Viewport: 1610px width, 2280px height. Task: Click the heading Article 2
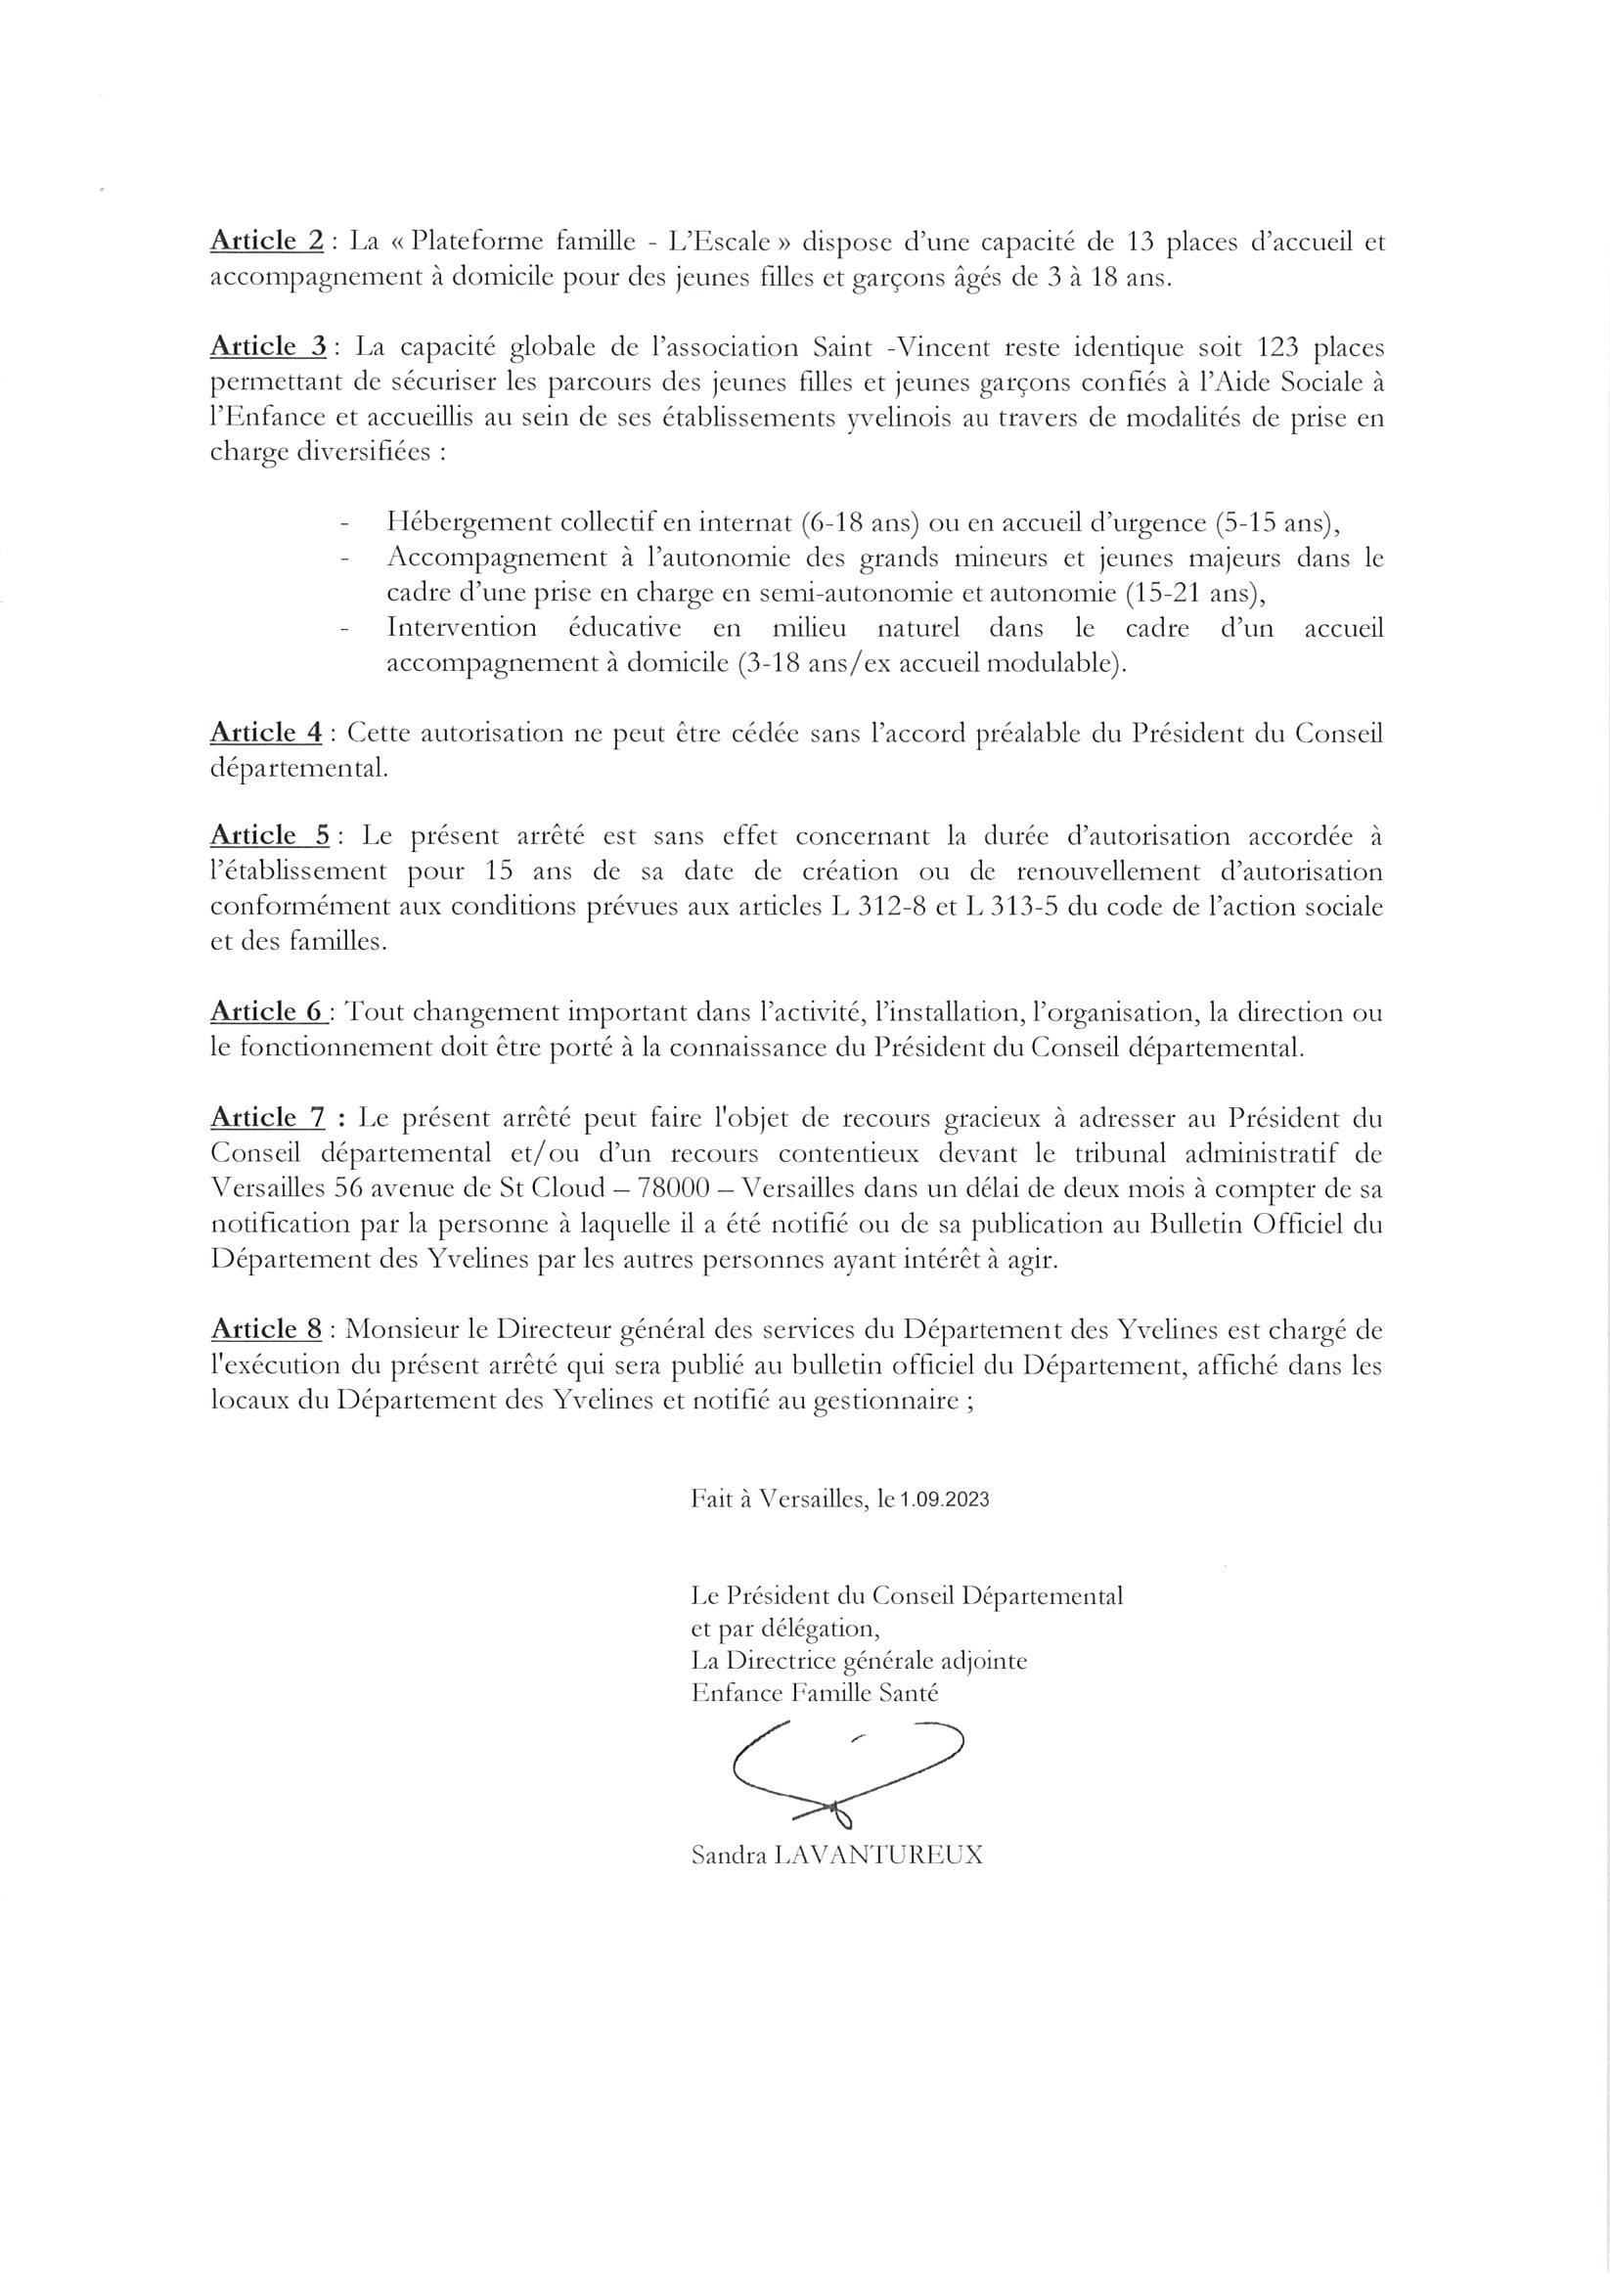click(266, 242)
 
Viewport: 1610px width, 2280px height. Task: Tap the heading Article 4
click(265, 733)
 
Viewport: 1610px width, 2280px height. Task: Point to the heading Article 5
click(269, 835)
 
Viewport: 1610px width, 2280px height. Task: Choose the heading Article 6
click(267, 1012)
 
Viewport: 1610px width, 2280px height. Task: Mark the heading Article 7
click(267, 1118)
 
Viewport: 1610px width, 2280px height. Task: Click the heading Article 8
click(265, 1329)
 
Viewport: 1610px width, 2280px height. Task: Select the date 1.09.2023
click(945, 1500)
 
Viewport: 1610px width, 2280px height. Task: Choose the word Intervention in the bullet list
click(461, 629)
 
